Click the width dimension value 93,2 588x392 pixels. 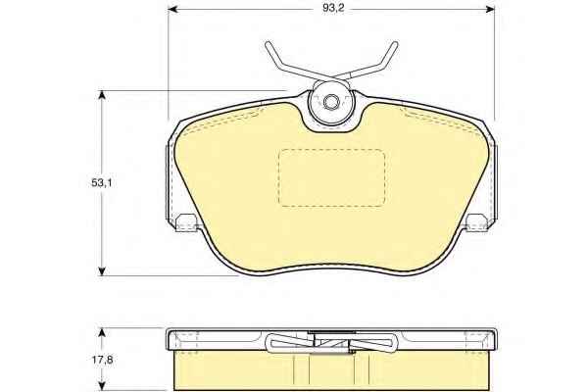pos(333,8)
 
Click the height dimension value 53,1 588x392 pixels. pos(102,183)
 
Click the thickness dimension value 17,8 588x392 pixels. pos(102,360)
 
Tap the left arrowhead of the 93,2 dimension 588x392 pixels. pos(172,9)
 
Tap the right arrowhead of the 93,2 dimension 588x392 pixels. pos(490,9)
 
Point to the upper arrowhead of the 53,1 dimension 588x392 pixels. pos(102,95)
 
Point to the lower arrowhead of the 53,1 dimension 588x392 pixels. pos(102,270)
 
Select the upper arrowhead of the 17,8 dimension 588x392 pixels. pos(102,333)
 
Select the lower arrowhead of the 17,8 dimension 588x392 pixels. pos(102,385)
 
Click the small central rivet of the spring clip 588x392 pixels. pos(330,102)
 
